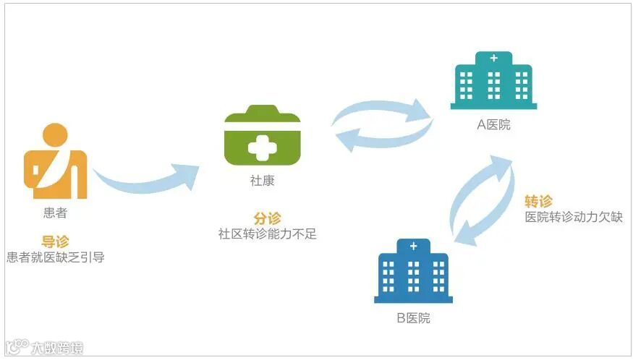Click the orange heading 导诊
[x=55, y=241]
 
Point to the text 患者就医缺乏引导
[x=55, y=257]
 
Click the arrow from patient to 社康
[x=145, y=182]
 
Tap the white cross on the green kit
[x=262, y=147]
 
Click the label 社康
[x=262, y=181]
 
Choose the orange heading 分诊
[x=267, y=218]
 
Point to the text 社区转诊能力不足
[x=267, y=234]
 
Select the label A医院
[x=493, y=124]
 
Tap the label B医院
[x=413, y=318]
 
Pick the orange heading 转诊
[x=538, y=201]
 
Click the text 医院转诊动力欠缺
[x=573, y=217]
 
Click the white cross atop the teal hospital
[x=494, y=58]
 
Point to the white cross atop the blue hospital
[x=413, y=247]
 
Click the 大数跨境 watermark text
[x=56, y=348]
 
